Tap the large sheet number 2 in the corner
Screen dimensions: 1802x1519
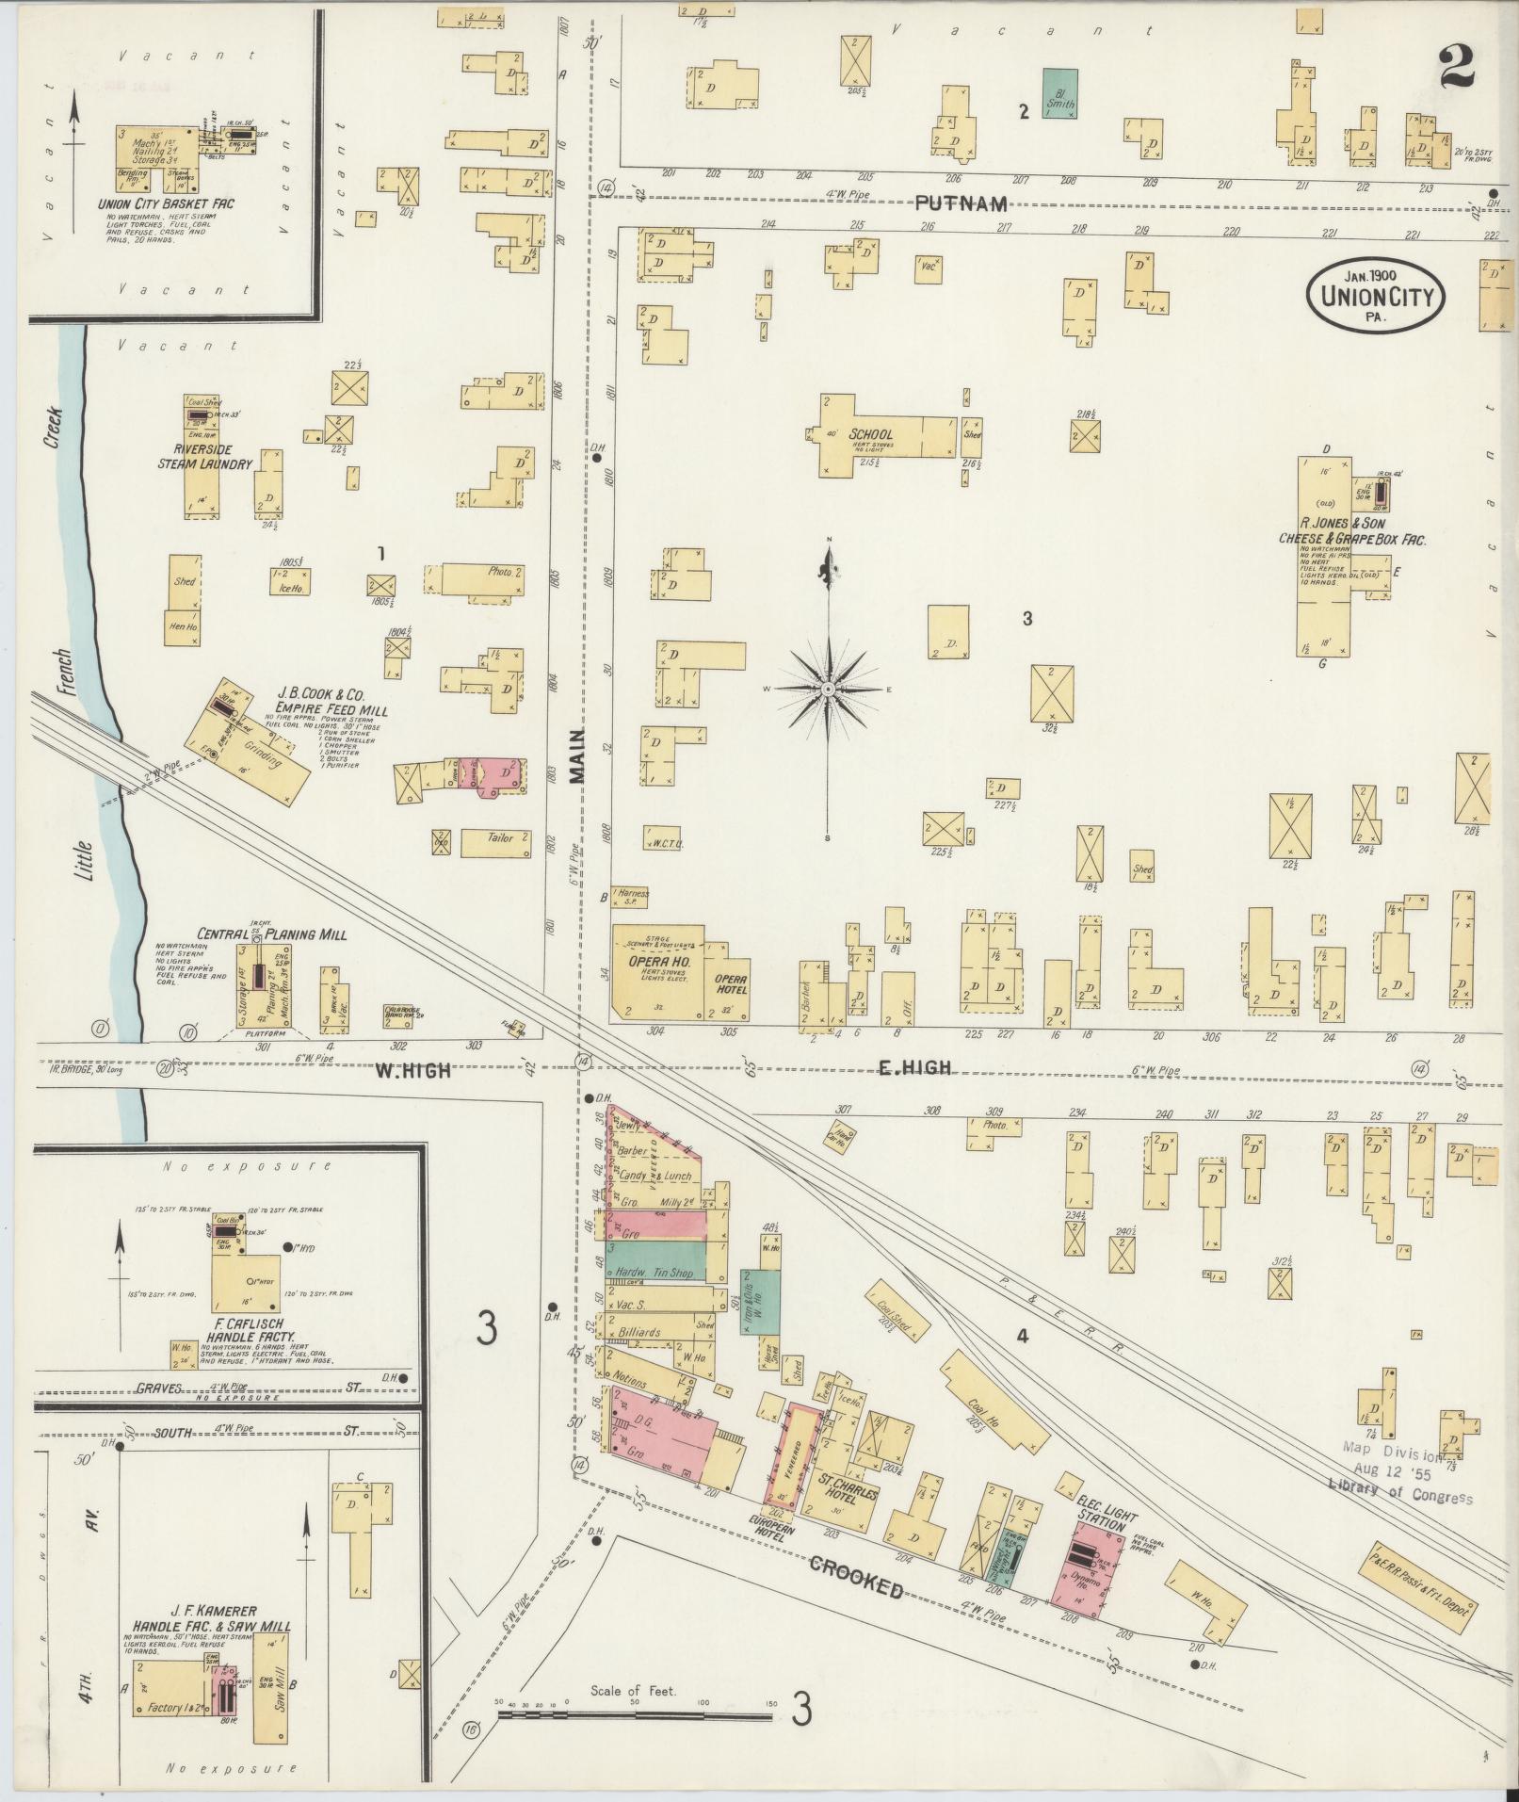(x=1456, y=66)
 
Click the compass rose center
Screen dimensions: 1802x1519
(x=828, y=690)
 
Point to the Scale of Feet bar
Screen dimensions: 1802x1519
(x=635, y=1715)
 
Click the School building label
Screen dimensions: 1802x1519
(x=870, y=435)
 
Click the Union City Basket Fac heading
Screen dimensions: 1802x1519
(x=165, y=203)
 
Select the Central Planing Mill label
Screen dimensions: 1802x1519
(x=270, y=935)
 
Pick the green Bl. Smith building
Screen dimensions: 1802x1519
(x=1060, y=93)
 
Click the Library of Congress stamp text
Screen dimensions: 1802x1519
(x=1400, y=1497)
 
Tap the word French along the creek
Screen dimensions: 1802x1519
(x=62, y=672)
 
